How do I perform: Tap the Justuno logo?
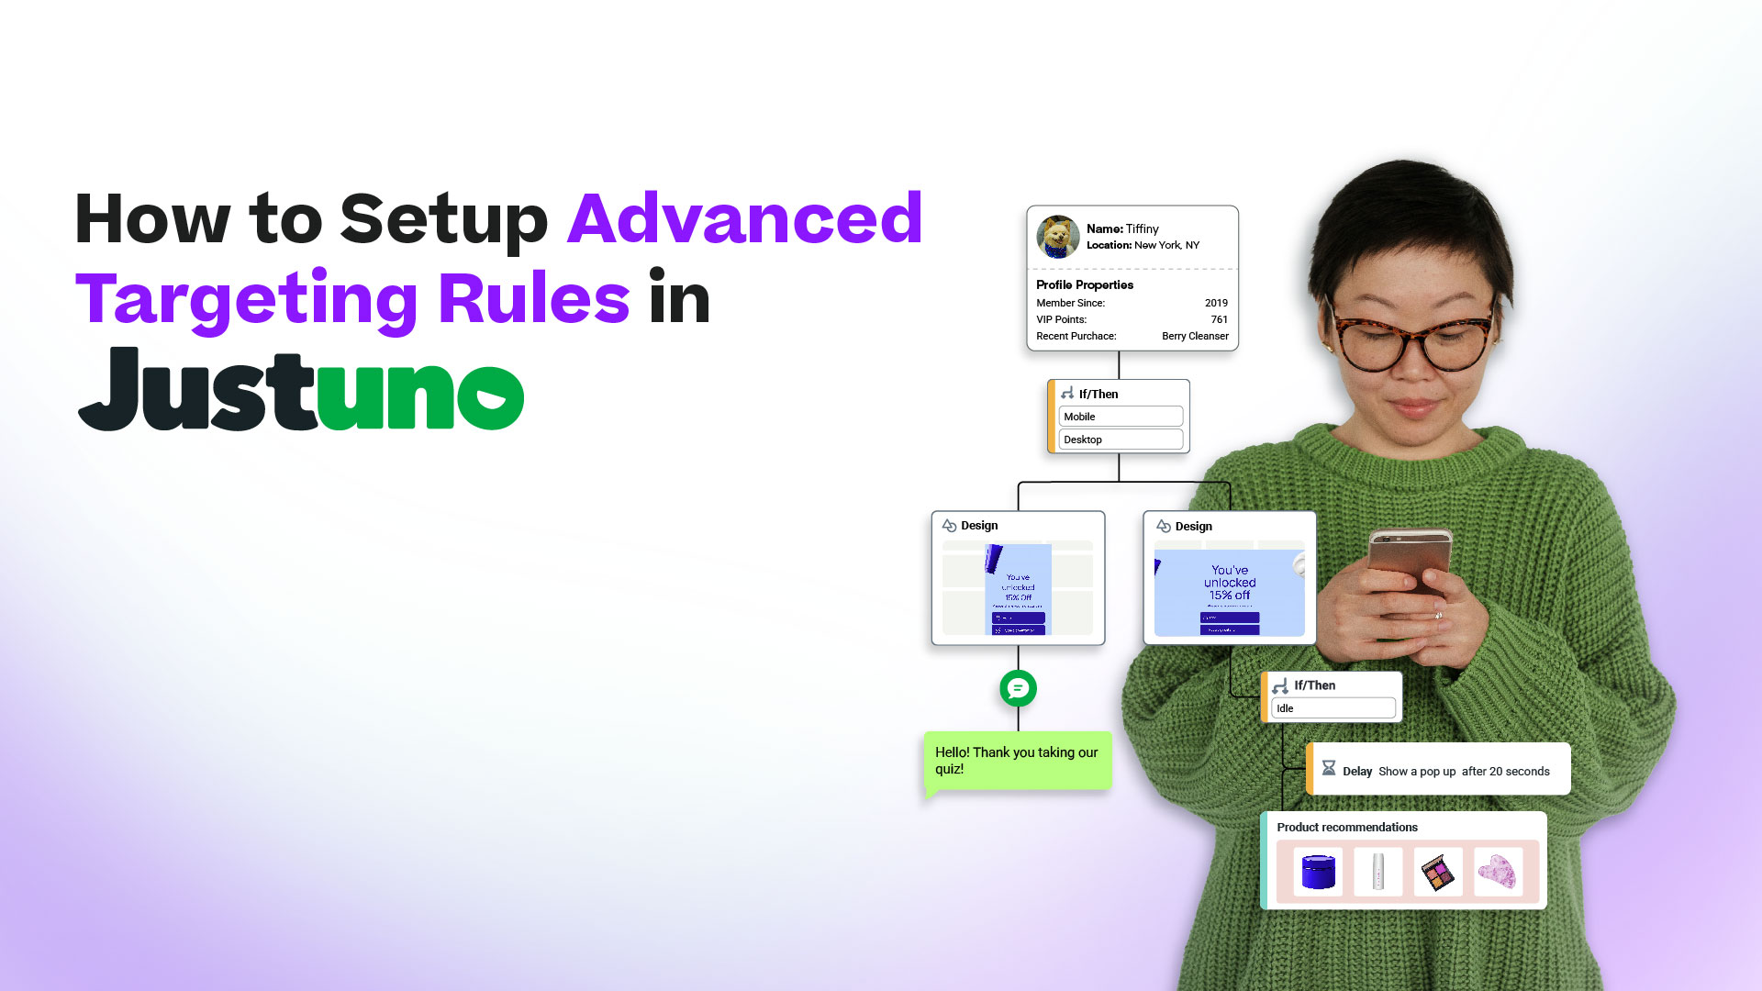(301, 389)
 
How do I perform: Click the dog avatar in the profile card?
(1058, 237)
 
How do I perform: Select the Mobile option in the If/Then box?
(1121, 417)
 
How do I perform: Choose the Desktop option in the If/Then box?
(1121, 440)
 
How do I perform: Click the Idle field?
(1333, 708)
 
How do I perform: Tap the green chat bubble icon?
(1018, 688)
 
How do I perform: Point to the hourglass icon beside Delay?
(1328, 768)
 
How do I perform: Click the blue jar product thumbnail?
(1318, 872)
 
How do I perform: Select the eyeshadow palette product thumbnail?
(1437, 872)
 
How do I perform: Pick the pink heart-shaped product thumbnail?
(1498, 872)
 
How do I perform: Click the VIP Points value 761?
(1219, 319)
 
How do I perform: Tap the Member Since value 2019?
(1216, 303)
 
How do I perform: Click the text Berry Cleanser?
(1195, 336)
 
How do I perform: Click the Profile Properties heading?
(1085, 284)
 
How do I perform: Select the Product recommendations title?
(1347, 827)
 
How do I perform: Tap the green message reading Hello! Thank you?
(1017, 760)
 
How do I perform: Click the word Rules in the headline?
(534, 298)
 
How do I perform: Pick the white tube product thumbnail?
(1377, 872)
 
